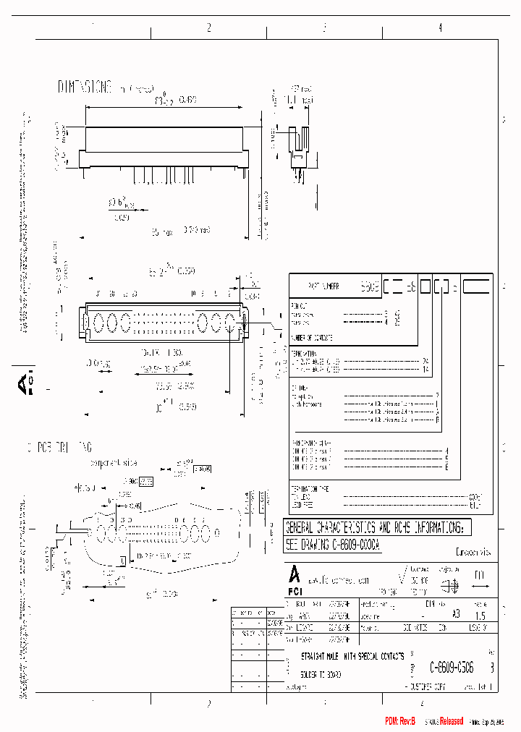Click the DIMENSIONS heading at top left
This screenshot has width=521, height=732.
pos(85,88)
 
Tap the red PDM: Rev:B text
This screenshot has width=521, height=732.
pos(399,721)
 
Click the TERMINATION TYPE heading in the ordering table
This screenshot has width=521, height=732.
pos(310,488)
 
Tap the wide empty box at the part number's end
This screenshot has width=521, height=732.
pos(477,286)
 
